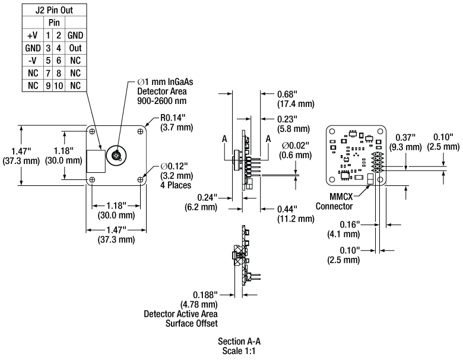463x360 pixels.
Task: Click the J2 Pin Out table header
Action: coord(55,10)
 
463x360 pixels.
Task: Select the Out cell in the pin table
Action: coord(75,48)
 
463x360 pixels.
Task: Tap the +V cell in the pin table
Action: coord(33,36)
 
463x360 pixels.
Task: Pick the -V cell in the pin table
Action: coord(33,61)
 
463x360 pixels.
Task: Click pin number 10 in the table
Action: coord(58,86)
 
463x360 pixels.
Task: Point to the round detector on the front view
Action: coord(116,155)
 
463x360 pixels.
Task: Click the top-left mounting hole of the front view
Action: coord(92,131)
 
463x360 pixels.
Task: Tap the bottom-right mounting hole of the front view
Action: coord(140,179)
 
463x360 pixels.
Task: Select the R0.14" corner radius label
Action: coord(176,122)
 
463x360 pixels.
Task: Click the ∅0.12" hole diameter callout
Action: coord(176,176)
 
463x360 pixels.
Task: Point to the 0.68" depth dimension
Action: coord(296,99)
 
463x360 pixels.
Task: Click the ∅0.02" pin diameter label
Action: coord(296,150)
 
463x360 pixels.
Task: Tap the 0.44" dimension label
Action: coord(296,214)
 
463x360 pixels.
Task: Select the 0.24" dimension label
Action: coord(201,202)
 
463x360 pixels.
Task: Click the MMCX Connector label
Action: coord(334,201)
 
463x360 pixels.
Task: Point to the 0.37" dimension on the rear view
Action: coord(405,142)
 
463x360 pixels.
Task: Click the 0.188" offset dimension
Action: coord(199,299)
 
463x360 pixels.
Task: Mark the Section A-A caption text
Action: coord(239,342)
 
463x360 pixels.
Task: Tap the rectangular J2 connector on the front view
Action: coord(96,161)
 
